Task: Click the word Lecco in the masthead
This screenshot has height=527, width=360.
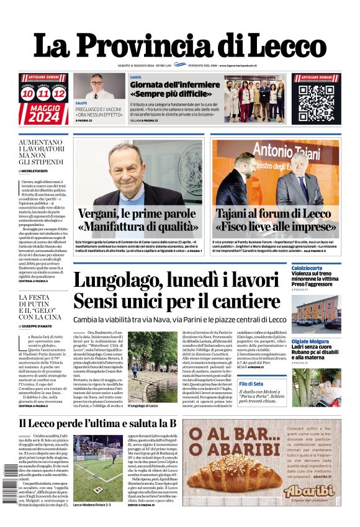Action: (x=274, y=46)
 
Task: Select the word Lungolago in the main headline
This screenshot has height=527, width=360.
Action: (x=115, y=281)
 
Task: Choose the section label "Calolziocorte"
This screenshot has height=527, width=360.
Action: (x=307, y=268)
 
